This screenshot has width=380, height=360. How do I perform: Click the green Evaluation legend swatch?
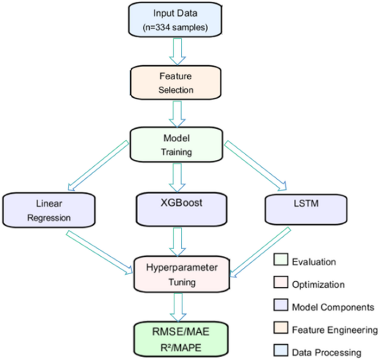[x=282, y=260]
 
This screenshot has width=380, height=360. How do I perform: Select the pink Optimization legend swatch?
[x=282, y=283]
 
